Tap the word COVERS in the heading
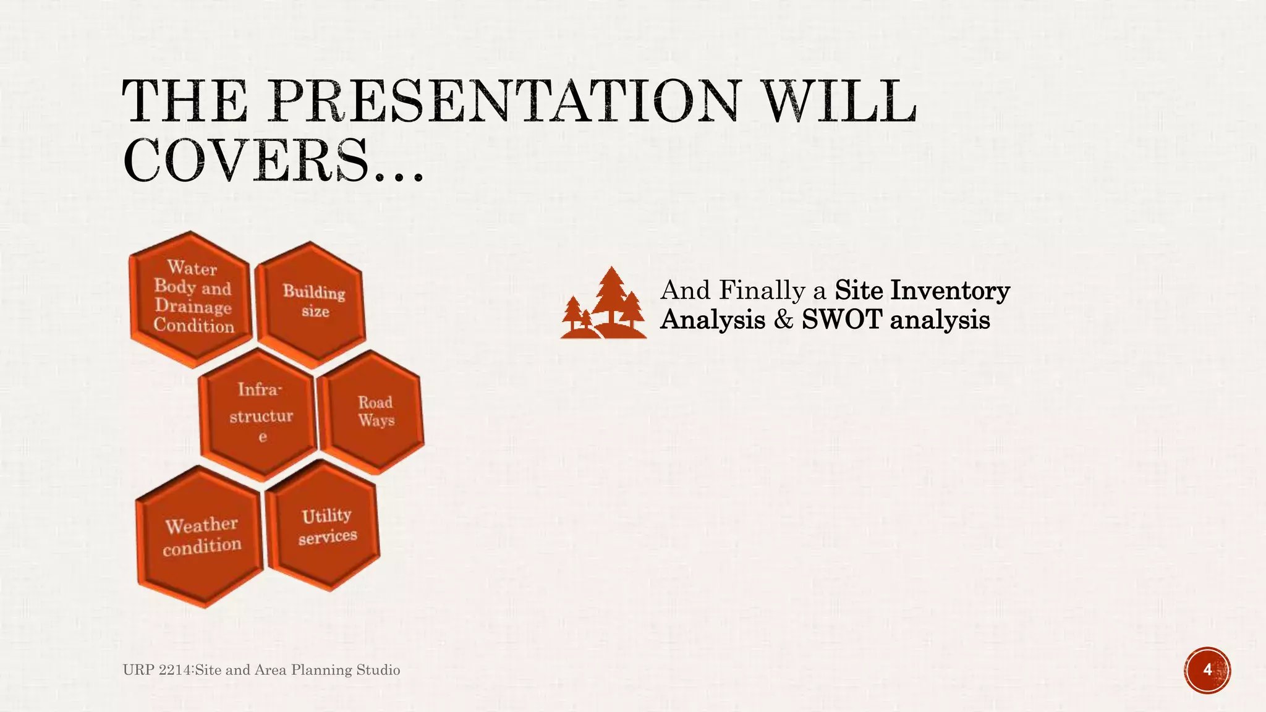pos(245,160)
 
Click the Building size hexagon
pos(313,302)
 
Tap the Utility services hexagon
pos(326,526)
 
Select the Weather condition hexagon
pos(201,536)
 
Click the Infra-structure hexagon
pos(260,413)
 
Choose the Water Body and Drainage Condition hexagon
pos(192,297)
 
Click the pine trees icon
pos(603,304)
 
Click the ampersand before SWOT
pos(783,320)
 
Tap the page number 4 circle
pos(1207,670)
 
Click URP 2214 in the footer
pos(158,670)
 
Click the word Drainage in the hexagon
pos(193,306)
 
